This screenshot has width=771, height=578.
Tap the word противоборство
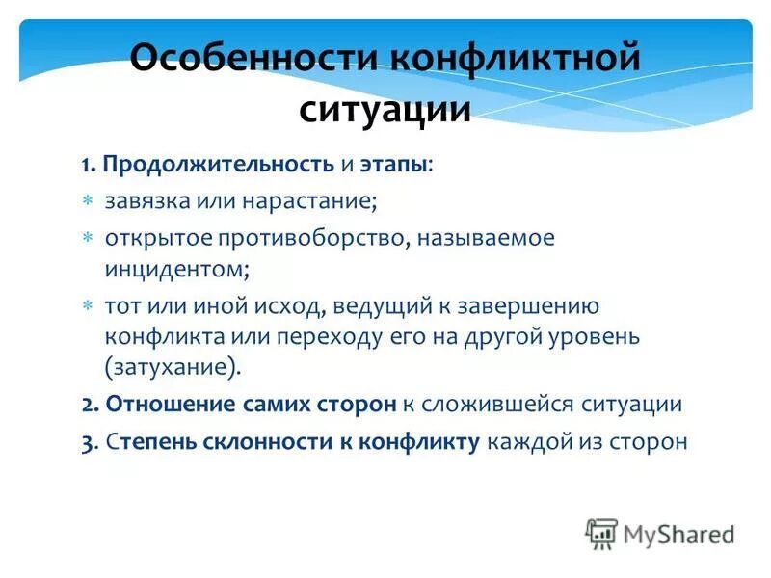click(327, 238)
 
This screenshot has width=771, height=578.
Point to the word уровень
click(598, 337)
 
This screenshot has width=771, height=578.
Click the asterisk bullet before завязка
click(87, 201)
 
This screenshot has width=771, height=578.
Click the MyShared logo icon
click(601, 533)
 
